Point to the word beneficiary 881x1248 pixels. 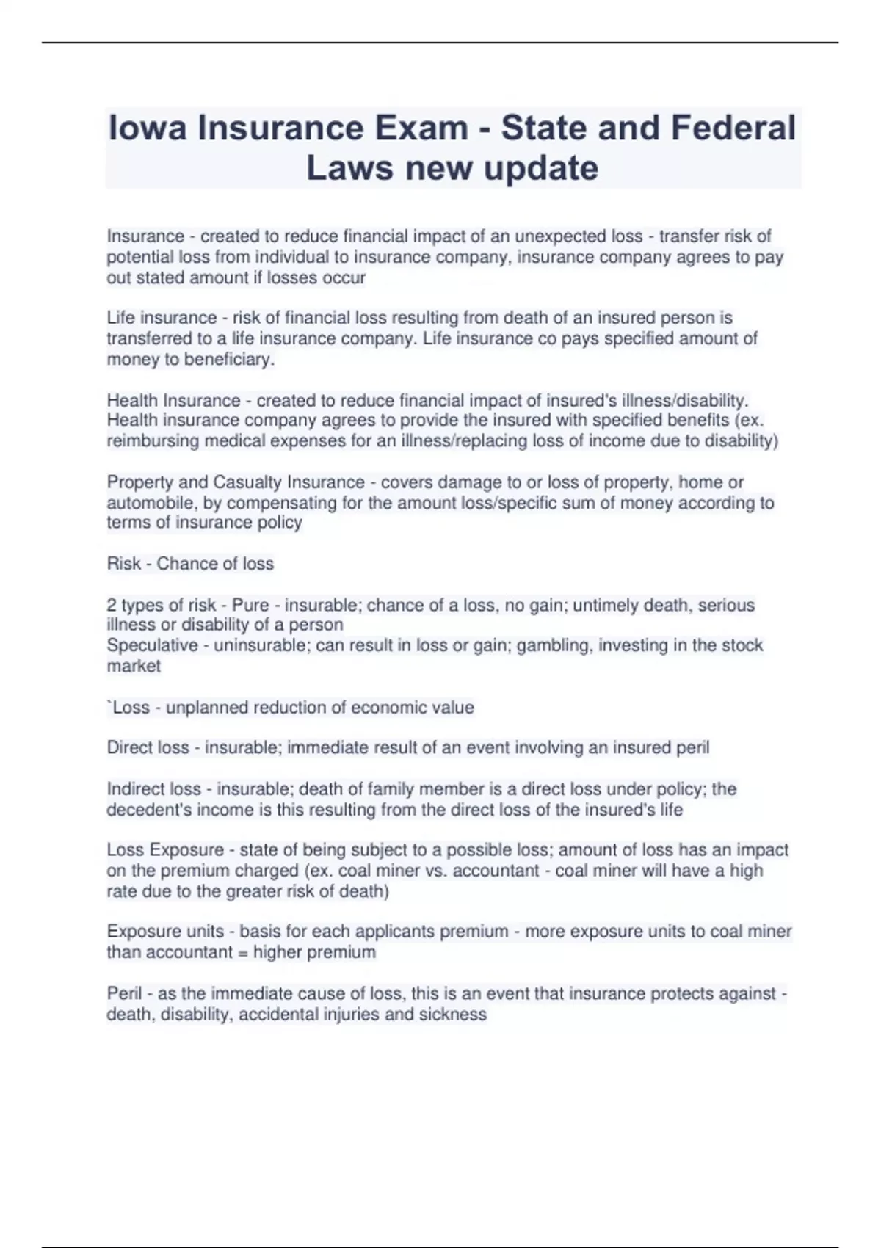(228, 360)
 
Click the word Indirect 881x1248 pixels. (136, 789)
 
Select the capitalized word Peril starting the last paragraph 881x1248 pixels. (124, 994)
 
